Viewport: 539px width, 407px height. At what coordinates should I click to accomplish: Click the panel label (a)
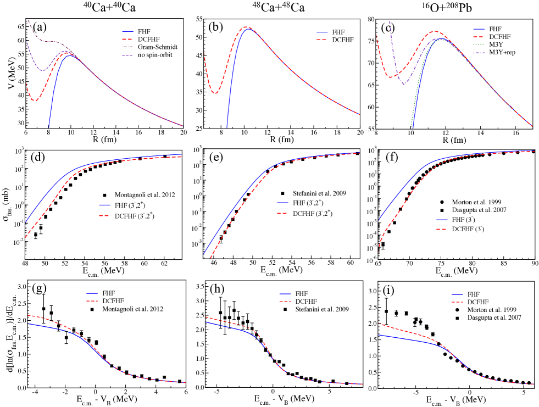[x=40, y=26]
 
